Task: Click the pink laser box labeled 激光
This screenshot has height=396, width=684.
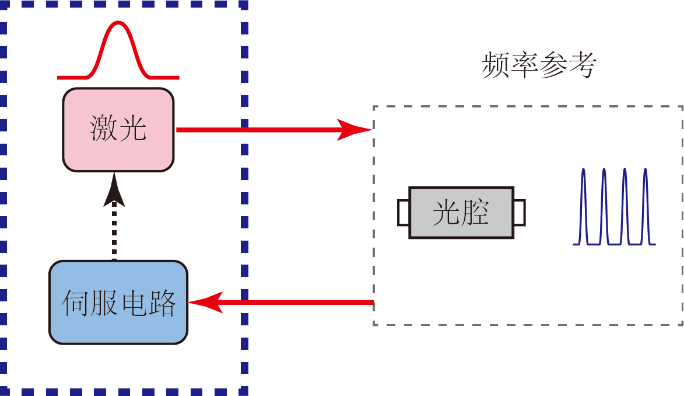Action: pyautogui.click(x=118, y=129)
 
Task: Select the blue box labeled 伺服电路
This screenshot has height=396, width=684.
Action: pyautogui.click(x=118, y=302)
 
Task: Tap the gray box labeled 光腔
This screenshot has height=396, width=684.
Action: pyautogui.click(x=461, y=213)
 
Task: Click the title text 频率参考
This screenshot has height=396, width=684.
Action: pyautogui.click(x=539, y=66)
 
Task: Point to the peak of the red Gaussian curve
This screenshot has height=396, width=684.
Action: pyautogui.click(x=119, y=23)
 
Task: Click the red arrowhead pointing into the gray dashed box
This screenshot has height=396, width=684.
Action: pyautogui.click(x=356, y=129)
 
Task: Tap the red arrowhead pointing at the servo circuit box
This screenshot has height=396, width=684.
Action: pyautogui.click(x=204, y=302)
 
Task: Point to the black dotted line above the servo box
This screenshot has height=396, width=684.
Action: pyautogui.click(x=114, y=234)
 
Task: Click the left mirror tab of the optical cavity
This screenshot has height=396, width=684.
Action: pyautogui.click(x=404, y=213)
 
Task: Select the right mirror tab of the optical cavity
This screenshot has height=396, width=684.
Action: pyautogui.click(x=520, y=213)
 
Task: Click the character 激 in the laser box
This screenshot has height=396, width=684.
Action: pyautogui.click(x=103, y=129)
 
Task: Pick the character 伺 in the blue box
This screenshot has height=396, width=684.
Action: pyautogui.click(x=76, y=303)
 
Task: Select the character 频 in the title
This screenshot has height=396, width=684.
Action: pyautogui.click(x=496, y=66)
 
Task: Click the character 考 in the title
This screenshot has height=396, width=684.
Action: pyautogui.click(x=583, y=66)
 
